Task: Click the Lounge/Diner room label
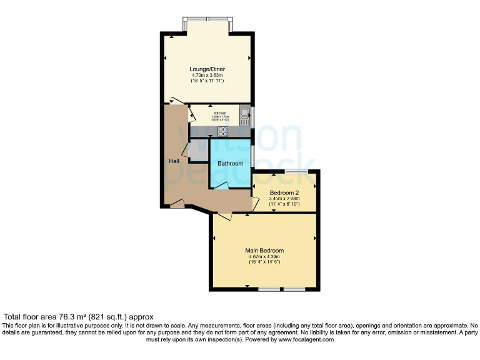click(207, 69)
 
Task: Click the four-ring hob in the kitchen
click(222, 131)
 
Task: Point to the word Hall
click(174, 161)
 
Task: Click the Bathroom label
click(230, 164)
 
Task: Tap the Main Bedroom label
click(264, 251)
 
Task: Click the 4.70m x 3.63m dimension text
click(207, 76)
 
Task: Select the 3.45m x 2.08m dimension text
click(284, 198)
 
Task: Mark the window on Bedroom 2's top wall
click(296, 171)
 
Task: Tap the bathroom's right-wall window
click(252, 155)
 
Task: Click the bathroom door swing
click(221, 185)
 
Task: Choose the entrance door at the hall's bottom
click(177, 204)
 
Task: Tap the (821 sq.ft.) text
click(113, 317)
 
